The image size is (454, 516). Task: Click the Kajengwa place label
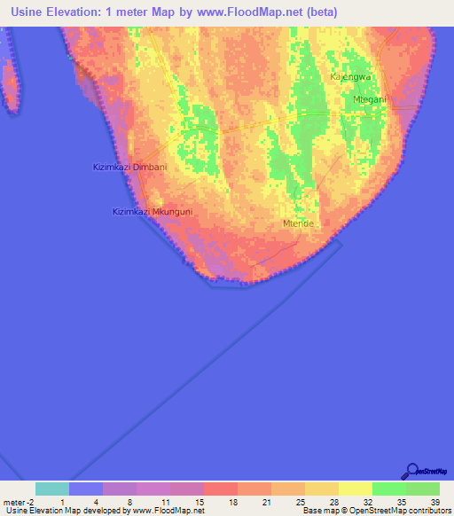[x=348, y=78]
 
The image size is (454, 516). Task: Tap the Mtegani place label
[x=371, y=100]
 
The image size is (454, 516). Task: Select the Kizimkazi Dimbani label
[x=130, y=167]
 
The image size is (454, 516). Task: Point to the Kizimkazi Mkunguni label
[x=153, y=211]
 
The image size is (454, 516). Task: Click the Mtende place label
[x=298, y=223]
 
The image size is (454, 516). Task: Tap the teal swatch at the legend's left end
[x=51, y=489]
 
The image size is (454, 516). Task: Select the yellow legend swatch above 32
[x=355, y=489]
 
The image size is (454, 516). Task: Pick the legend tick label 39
[x=434, y=502]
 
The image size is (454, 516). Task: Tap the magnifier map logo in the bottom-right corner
[x=421, y=471]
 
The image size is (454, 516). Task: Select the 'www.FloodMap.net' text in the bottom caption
[x=168, y=511]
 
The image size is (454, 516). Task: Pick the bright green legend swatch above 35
[x=388, y=489]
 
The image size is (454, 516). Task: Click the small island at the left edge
[x=7, y=71]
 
